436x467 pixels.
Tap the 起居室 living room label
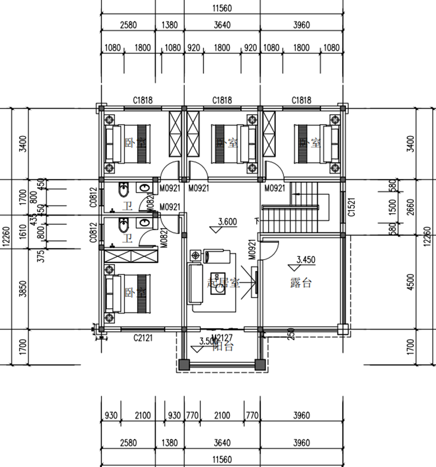[223, 283]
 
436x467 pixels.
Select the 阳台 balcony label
[224, 347]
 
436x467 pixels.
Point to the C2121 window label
[143, 339]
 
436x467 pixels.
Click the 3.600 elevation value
[227, 222]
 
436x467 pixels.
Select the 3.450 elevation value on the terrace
[305, 260]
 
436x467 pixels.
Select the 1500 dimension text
[393, 207]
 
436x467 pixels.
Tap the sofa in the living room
[196, 284]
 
